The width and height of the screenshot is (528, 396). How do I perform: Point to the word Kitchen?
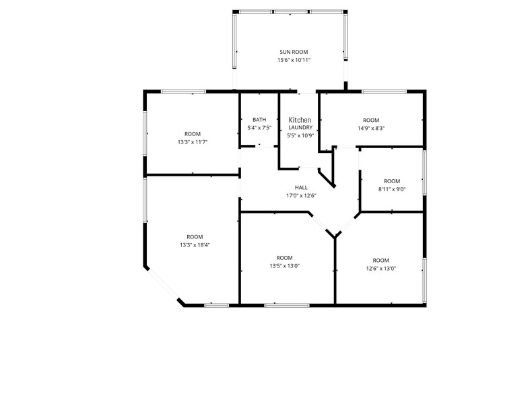pos(300,120)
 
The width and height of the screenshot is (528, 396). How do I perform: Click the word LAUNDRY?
pos(300,127)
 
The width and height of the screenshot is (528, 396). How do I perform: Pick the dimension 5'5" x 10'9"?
pos(300,135)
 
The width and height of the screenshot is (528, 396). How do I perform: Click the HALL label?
pos(301,188)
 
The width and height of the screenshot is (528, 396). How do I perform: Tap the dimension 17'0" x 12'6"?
pos(301,196)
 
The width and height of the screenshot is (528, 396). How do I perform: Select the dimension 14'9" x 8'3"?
pos(371,128)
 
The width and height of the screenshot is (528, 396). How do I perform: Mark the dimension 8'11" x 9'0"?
pos(391,189)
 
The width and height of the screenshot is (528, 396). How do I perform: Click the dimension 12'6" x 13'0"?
pos(381,269)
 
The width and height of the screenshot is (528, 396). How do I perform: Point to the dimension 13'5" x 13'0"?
pos(284,266)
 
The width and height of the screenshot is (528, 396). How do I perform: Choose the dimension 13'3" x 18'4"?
pos(195,245)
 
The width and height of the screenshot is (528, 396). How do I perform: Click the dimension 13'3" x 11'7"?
pos(193,142)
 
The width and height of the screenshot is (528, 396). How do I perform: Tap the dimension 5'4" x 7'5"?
pos(259,128)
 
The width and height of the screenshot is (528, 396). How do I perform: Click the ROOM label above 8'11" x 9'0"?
pos(392,181)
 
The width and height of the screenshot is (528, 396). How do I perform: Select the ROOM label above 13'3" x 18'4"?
pos(195,236)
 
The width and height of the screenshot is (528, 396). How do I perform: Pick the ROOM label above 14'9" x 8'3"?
pos(371,120)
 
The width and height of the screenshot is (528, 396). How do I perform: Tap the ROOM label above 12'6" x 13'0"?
pos(381,261)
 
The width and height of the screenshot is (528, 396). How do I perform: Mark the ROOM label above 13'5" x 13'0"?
pos(284,258)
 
